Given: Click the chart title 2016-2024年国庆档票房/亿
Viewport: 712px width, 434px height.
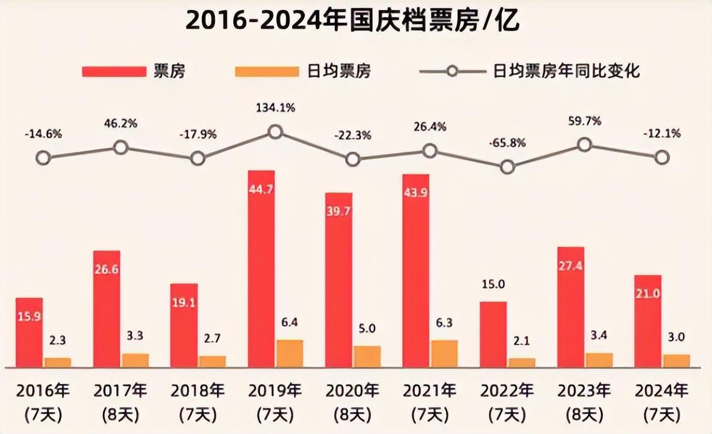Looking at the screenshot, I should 352,21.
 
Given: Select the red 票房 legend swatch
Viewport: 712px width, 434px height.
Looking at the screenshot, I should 114,71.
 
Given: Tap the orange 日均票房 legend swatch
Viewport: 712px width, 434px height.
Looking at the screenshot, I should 267,71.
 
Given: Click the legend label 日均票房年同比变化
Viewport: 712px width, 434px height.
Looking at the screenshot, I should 567,71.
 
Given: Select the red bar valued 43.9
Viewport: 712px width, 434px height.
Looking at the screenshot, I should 415,270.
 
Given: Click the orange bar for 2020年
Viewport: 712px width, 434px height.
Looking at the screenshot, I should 367,356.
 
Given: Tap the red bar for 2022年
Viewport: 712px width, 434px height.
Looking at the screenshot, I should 493,334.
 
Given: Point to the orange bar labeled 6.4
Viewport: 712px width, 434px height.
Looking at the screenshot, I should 289,353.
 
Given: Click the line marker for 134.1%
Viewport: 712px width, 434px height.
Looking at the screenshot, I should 274,132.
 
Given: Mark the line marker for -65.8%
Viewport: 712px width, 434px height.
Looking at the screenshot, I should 508,167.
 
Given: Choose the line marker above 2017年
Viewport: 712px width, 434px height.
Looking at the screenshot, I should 120,147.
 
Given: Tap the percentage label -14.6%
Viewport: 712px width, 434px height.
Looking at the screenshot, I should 43,134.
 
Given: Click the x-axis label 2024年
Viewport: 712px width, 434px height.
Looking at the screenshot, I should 662,391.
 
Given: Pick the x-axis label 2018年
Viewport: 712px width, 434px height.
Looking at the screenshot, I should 197,391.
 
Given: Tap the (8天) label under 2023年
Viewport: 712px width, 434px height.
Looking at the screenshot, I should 584,414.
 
